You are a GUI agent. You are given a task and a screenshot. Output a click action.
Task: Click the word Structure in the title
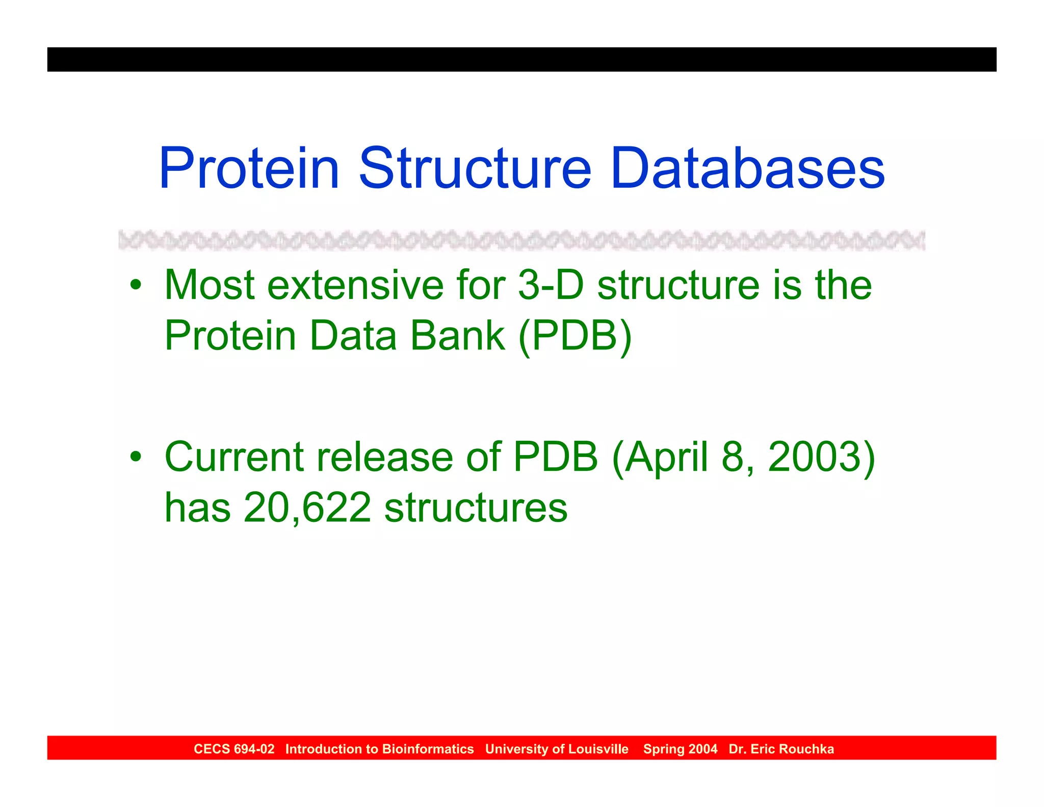click(x=475, y=168)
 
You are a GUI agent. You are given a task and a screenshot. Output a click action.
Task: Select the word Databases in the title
click(x=747, y=168)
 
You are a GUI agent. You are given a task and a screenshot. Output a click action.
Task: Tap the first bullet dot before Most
click(x=135, y=285)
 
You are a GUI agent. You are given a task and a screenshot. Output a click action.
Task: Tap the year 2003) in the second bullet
click(x=821, y=457)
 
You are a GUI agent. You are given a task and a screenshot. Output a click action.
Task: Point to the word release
click(x=385, y=457)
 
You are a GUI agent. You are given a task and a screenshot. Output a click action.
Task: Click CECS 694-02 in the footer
click(x=234, y=749)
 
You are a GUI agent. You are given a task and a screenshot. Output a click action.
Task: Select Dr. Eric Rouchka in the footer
click(x=781, y=749)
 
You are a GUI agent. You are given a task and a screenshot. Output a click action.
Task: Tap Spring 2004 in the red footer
click(x=680, y=749)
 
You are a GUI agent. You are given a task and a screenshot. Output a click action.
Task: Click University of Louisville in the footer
click(x=557, y=749)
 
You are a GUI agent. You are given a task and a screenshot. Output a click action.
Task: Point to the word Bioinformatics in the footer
click(x=428, y=749)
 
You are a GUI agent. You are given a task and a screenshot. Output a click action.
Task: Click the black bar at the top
click(x=521, y=59)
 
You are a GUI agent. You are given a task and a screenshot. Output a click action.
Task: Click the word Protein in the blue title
click(x=249, y=168)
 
